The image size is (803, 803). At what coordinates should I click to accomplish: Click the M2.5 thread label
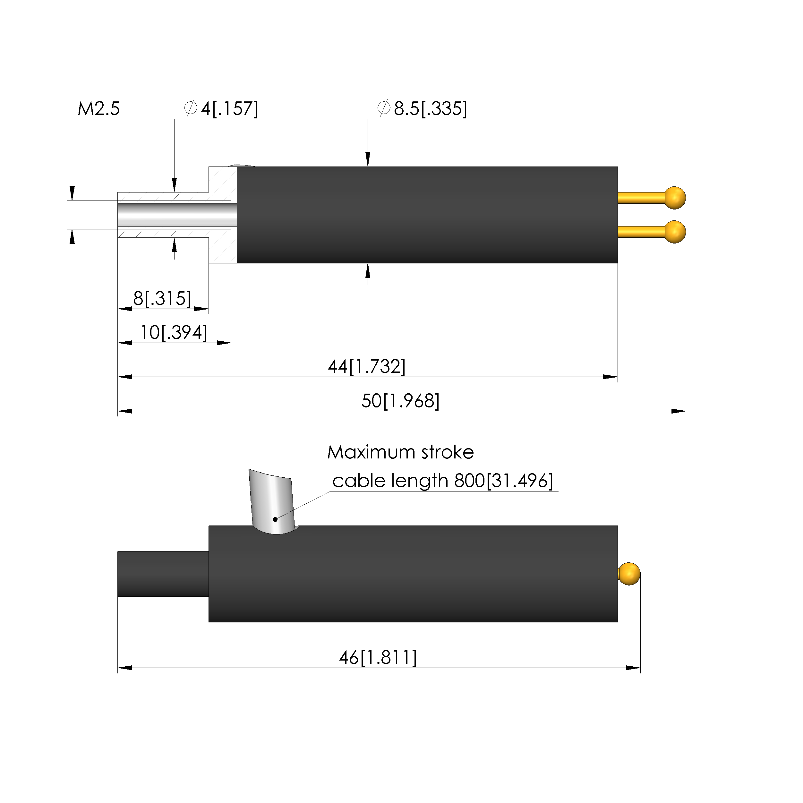pos(98,109)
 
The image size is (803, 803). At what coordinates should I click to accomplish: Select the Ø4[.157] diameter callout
pos(221,108)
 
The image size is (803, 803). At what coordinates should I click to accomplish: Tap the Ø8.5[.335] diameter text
pos(422,108)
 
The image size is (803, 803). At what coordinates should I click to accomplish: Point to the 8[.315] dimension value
pos(162,298)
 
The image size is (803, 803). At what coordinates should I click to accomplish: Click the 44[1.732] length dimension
pos(367,367)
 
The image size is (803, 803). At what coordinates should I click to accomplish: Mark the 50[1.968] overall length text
pos(400,401)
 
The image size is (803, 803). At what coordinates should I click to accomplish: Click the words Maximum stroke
pos(400,452)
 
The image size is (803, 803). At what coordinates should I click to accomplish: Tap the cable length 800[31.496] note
pos(443,481)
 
